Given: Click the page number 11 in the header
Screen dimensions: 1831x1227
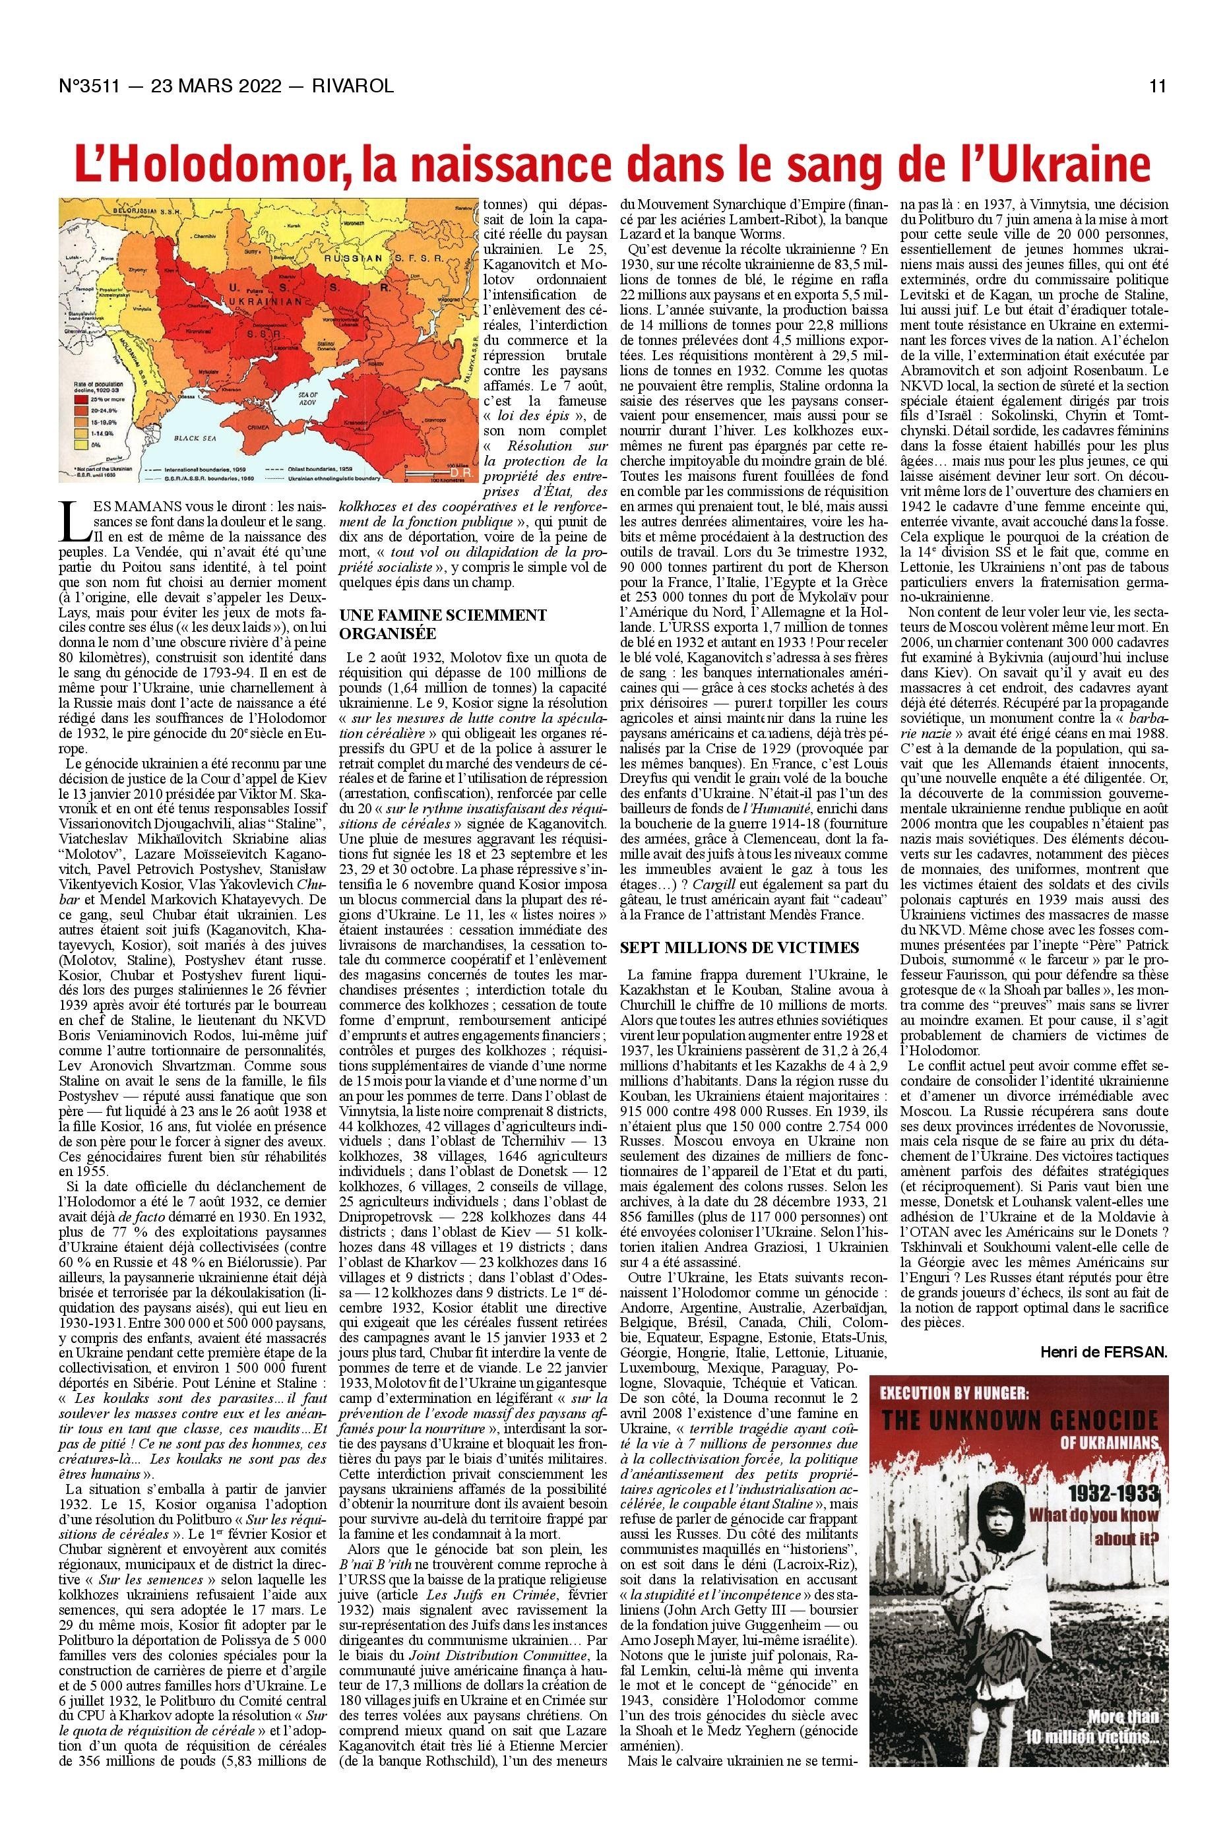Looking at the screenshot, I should point(1158,86).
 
